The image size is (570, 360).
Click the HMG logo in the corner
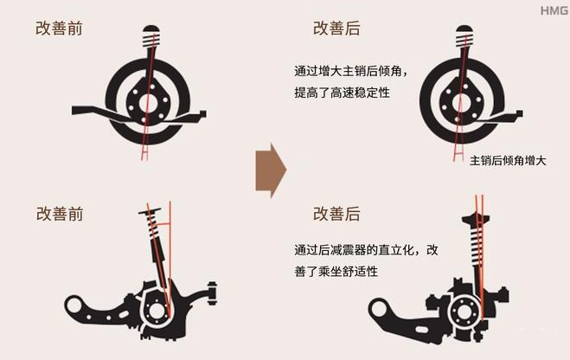pyautogui.click(x=554, y=11)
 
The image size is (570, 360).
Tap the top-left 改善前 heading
pyautogui.click(x=59, y=29)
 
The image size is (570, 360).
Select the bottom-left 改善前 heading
pyautogui.click(x=60, y=214)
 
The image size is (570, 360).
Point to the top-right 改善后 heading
pyautogui.click(x=336, y=29)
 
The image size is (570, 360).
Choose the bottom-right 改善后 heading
pyautogui.click(x=336, y=214)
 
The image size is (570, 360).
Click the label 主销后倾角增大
pyautogui.click(x=508, y=160)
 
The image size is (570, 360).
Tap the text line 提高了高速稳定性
pyautogui.click(x=342, y=93)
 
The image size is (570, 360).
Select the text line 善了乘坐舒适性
pyautogui.click(x=336, y=271)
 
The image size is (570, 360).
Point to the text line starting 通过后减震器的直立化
pyautogui.click(x=366, y=250)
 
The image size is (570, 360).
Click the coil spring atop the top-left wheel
pyautogui.click(x=151, y=41)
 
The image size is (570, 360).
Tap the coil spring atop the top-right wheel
pyautogui.click(x=464, y=41)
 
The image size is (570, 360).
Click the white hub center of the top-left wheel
pyautogui.click(x=148, y=102)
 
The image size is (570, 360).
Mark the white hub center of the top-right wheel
pyautogui.click(x=460, y=102)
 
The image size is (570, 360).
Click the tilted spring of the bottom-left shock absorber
pyautogui.click(x=154, y=227)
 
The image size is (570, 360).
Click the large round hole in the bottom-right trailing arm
pyautogui.click(x=378, y=309)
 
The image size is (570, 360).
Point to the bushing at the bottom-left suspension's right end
pyautogui.click(x=212, y=293)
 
